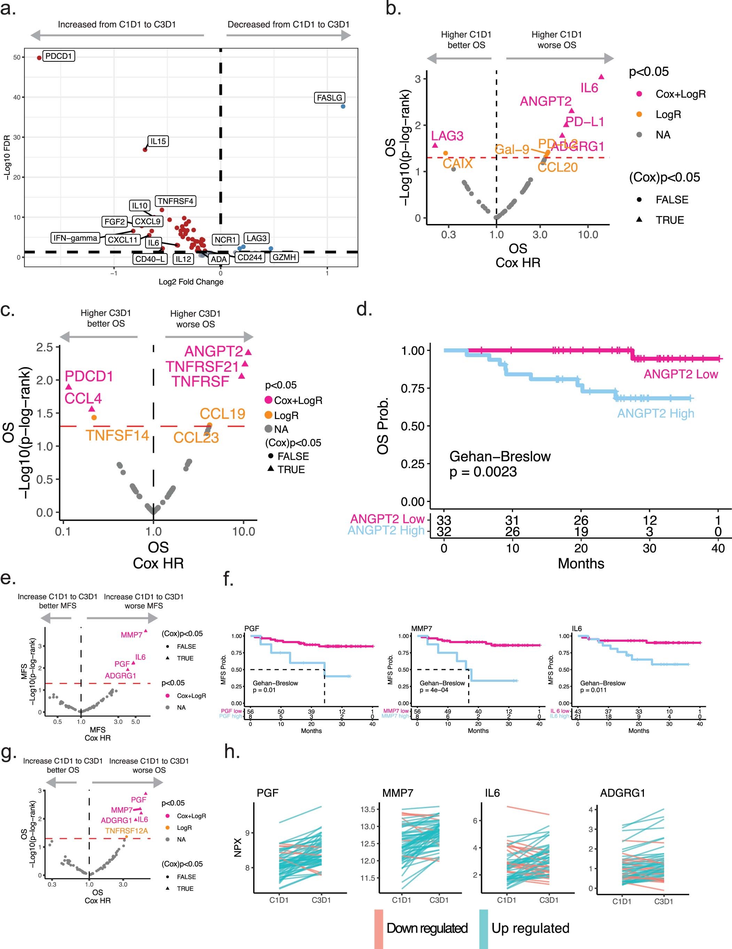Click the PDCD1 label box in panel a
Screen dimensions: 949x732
pos(59,56)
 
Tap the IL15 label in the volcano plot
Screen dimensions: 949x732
pos(158,141)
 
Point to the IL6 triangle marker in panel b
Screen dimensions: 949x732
pos(601,77)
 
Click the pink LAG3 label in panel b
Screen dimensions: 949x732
pos(447,136)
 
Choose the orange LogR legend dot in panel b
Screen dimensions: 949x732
pos(639,114)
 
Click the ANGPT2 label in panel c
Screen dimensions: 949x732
pos(213,351)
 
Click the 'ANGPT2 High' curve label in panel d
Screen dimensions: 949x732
pos(655,413)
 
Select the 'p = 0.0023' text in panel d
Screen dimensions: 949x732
pos(483,472)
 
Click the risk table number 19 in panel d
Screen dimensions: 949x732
pos(581,531)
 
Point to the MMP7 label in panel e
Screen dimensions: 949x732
pos(132,635)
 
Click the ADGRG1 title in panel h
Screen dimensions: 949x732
pos(623,793)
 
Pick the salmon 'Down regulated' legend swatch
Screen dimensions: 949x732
pos(379,928)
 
